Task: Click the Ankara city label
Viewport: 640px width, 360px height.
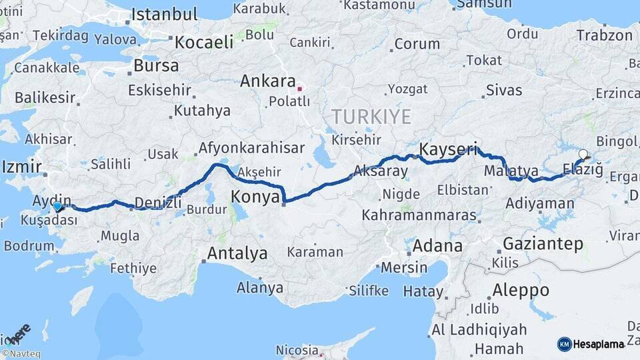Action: click(x=267, y=81)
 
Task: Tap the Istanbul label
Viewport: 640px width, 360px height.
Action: click(x=165, y=15)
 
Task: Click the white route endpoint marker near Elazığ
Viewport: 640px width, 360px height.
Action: click(x=583, y=155)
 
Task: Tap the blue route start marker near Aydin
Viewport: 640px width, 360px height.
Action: click(x=58, y=207)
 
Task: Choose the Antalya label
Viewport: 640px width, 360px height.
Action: click(x=237, y=253)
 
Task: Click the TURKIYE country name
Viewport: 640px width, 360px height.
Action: click(x=371, y=117)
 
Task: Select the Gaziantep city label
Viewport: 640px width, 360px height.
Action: click(x=543, y=244)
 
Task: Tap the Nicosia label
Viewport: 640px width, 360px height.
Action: click(x=297, y=350)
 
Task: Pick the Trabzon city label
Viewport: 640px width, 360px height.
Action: click(x=604, y=35)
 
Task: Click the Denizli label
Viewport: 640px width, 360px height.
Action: click(x=159, y=202)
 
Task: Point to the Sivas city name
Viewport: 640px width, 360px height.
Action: click(x=504, y=90)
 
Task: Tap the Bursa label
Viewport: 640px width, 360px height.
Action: click(x=156, y=66)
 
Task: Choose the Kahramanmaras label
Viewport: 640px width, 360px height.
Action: click(x=419, y=216)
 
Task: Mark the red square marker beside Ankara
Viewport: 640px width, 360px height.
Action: click(x=300, y=87)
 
